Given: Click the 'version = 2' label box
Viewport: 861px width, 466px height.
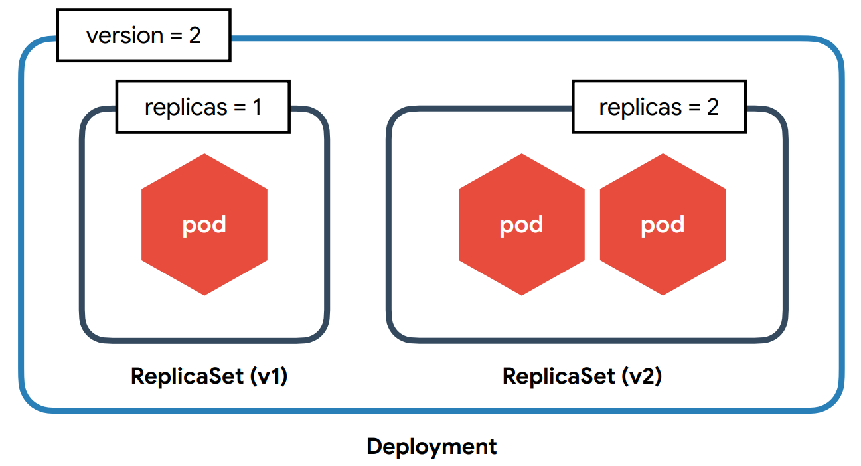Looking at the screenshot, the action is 144,35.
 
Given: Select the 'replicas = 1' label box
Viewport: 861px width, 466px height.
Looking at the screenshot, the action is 203,107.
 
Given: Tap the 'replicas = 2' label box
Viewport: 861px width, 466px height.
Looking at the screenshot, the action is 659,107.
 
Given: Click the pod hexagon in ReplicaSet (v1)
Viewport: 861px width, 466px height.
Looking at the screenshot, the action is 204,224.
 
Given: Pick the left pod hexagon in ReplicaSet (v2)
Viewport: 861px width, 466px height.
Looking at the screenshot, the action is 522,224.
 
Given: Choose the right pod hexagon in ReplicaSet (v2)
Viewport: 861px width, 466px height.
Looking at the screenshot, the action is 663,224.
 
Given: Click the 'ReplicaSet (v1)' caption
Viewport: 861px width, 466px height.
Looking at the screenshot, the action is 209,376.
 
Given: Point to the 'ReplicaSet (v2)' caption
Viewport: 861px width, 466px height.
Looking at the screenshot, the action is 582,376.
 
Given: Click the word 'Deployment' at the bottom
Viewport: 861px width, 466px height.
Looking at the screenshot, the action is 431,447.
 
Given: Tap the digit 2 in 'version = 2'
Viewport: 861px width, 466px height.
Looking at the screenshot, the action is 195,35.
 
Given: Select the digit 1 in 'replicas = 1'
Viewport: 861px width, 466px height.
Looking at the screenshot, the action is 257,107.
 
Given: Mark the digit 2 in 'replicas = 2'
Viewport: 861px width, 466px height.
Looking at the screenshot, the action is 712,107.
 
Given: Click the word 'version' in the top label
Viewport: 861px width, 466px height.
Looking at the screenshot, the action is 125,36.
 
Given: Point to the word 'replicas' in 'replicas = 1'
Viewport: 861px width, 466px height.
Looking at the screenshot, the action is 186,108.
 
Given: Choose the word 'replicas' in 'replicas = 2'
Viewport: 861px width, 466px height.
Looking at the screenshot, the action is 641,108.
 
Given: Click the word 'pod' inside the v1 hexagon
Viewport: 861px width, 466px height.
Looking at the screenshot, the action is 204,226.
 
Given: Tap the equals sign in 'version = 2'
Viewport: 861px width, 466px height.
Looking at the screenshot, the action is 177,36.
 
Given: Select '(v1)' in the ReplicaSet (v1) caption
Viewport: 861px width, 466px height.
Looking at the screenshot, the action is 269,376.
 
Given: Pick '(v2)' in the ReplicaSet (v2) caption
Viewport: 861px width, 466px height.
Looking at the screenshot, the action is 643,376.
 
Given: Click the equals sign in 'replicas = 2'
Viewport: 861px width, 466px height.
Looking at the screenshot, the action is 694,108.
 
